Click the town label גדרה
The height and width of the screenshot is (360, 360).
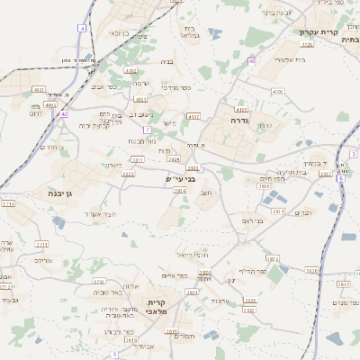pyautogui.click(x=238, y=120)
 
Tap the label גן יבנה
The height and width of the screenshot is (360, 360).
pyautogui.click(x=68, y=193)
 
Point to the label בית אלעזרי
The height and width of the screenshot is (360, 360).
pyautogui.click(x=267, y=58)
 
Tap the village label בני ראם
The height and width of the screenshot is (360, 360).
pyautogui.click(x=256, y=220)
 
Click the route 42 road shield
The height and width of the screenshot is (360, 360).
pyautogui.click(x=65, y=114)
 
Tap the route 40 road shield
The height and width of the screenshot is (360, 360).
pyautogui.click(x=253, y=61)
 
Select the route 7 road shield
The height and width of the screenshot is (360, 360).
pyautogui.click(x=147, y=130)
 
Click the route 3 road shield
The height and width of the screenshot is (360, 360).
pyautogui.click(x=354, y=155)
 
